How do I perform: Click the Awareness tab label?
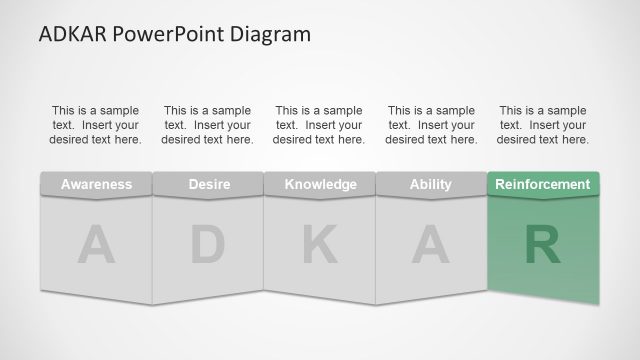(x=96, y=184)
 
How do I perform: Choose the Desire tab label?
(x=208, y=184)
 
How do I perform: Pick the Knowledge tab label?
(x=320, y=184)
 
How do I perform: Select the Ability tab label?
(x=431, y=184)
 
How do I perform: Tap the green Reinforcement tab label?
(x=543, y=184)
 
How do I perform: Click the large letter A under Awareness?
(x=96, y=246)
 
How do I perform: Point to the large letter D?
(x=208, y=246)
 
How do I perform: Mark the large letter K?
(x=320, y=246)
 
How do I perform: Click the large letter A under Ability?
(x=431, y=246)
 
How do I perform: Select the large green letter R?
(x=543, y=246)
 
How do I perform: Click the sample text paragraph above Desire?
(x=208, y=125)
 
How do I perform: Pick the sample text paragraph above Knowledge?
(x=320, y=125)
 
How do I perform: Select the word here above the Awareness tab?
(x=127, y=140)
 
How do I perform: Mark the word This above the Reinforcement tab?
(x=512, y=111)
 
